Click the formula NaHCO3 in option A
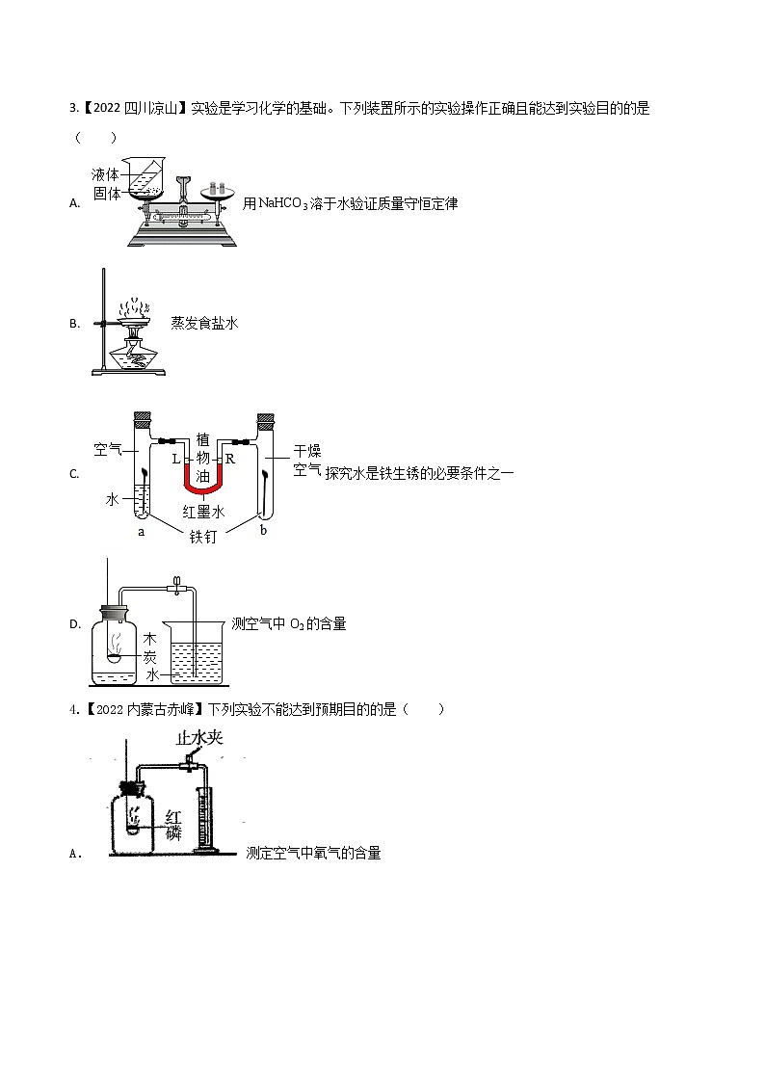click(x=282, y=203)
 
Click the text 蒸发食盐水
click(x=204, y=324)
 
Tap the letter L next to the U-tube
click(x=176, y=460)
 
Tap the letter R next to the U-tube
click(x=231, y=460)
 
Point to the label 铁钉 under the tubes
click(x=204, y=537)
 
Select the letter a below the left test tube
click(x=142, y=531)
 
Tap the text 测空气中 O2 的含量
click(x=289, y=624)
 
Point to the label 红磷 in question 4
click(x=173, y=825)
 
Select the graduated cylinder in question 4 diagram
click(x=203, y=819)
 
